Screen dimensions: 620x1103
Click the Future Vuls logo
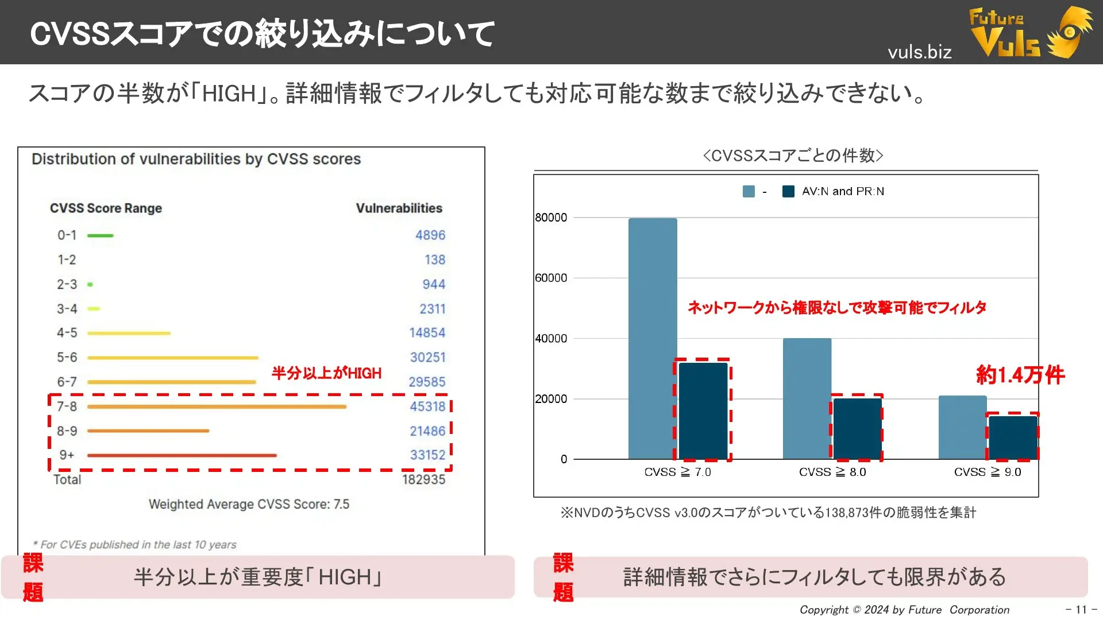coord(1028,32)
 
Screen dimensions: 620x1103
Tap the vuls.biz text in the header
coord(919,52)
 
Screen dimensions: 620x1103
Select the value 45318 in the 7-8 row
coord(427,406)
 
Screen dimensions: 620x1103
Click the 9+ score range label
coord(67,455)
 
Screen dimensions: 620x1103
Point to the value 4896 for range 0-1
coord(430,235)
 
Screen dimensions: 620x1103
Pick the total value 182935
coord(423,479)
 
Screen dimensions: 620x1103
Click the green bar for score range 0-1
coord(101,235)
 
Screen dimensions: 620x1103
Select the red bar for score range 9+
coord(182,455)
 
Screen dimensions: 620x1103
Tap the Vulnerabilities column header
coord(399,208)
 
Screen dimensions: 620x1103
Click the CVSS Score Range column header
coord(106,208)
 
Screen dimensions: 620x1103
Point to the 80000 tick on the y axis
coord(551,218)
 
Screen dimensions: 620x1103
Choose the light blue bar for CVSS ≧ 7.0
coord(653,339)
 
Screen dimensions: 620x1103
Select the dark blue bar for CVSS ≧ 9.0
coord(1012,437)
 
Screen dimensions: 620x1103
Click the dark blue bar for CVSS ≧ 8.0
coord(857,428)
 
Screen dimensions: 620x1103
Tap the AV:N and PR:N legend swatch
coord(788,191)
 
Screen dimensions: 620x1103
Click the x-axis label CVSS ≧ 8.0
coord(832,472)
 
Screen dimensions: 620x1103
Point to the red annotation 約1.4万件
coord(1020,375)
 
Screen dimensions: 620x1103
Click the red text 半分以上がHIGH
coord(326,373)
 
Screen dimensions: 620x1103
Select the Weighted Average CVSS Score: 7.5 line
coord(249,504)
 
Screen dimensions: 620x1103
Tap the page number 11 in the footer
coord(1081,609)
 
